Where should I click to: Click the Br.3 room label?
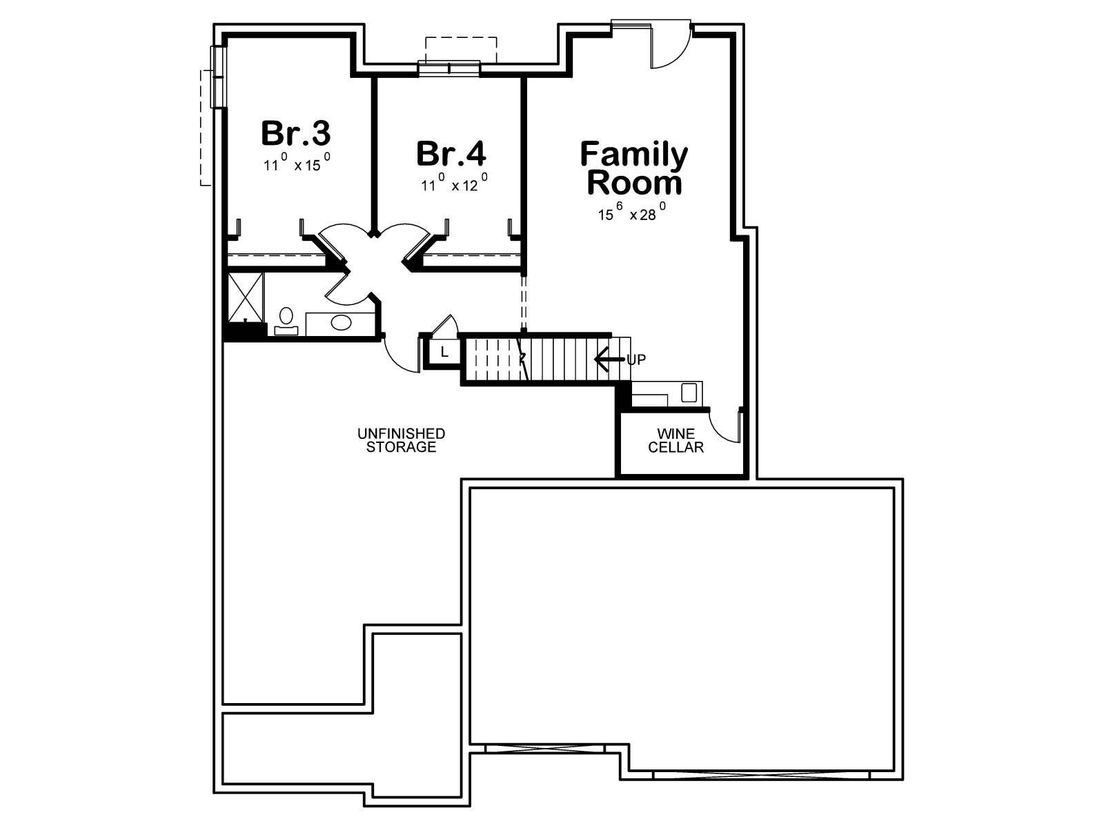(296, 133)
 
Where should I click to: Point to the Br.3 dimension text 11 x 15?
(297, 162)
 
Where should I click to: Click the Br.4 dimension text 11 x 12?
(454, 183)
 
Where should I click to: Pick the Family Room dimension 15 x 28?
(632, 212)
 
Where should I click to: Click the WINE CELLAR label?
(676, 440)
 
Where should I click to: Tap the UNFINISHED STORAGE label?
(401, 440)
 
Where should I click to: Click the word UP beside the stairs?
(636, 359)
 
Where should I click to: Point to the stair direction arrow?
(609, 359)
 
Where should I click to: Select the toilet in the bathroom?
(286, 321)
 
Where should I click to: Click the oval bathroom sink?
(341, 322)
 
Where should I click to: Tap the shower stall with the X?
(246, 297)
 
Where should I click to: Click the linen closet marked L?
(444, 353)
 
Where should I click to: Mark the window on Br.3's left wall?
(218, 77)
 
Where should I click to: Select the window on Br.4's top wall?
(449, 68)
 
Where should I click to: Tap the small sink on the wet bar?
(688, 392)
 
